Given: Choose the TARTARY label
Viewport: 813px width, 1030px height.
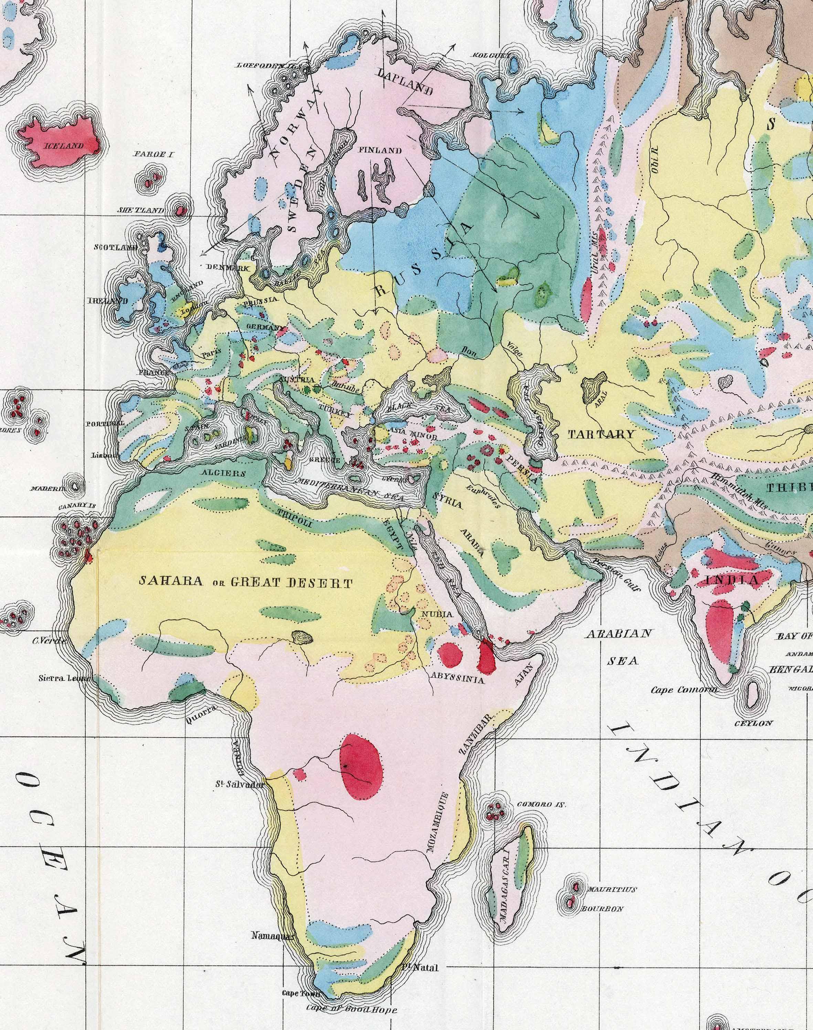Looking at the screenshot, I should point(602,434).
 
